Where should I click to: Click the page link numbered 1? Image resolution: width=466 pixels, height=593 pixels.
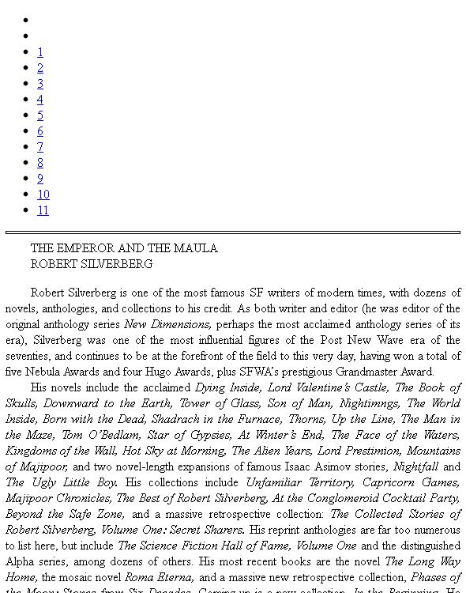point(40,52)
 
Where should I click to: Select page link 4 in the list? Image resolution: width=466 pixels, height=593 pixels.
point(40,100)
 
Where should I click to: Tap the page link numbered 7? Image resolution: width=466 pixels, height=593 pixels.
point(40,147)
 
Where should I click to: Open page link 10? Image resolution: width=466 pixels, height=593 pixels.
point(43,195)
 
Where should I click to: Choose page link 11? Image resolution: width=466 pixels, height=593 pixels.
point(43,210)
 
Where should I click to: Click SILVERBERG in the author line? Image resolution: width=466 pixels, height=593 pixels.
point(115,264)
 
